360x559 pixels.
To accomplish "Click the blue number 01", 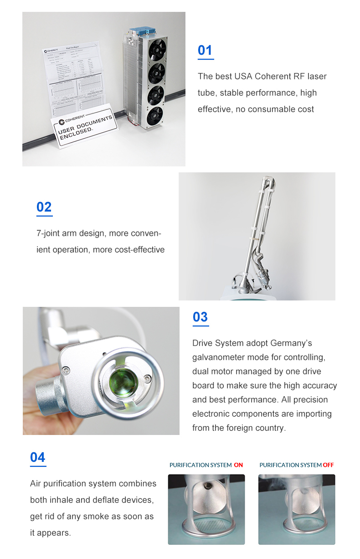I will [x=205, y=50].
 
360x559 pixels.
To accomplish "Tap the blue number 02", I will [x=44, y=207].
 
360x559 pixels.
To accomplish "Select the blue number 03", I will [x=200, y=317].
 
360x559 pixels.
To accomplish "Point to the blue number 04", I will [x=38, y=457].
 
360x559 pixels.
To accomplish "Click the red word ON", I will [x=238, y=465].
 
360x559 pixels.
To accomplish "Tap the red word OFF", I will [x=328, y=465].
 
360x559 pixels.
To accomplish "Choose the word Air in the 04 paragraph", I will [x=37, y=483].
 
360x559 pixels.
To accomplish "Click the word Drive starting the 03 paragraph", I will [x=204, y=343].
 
